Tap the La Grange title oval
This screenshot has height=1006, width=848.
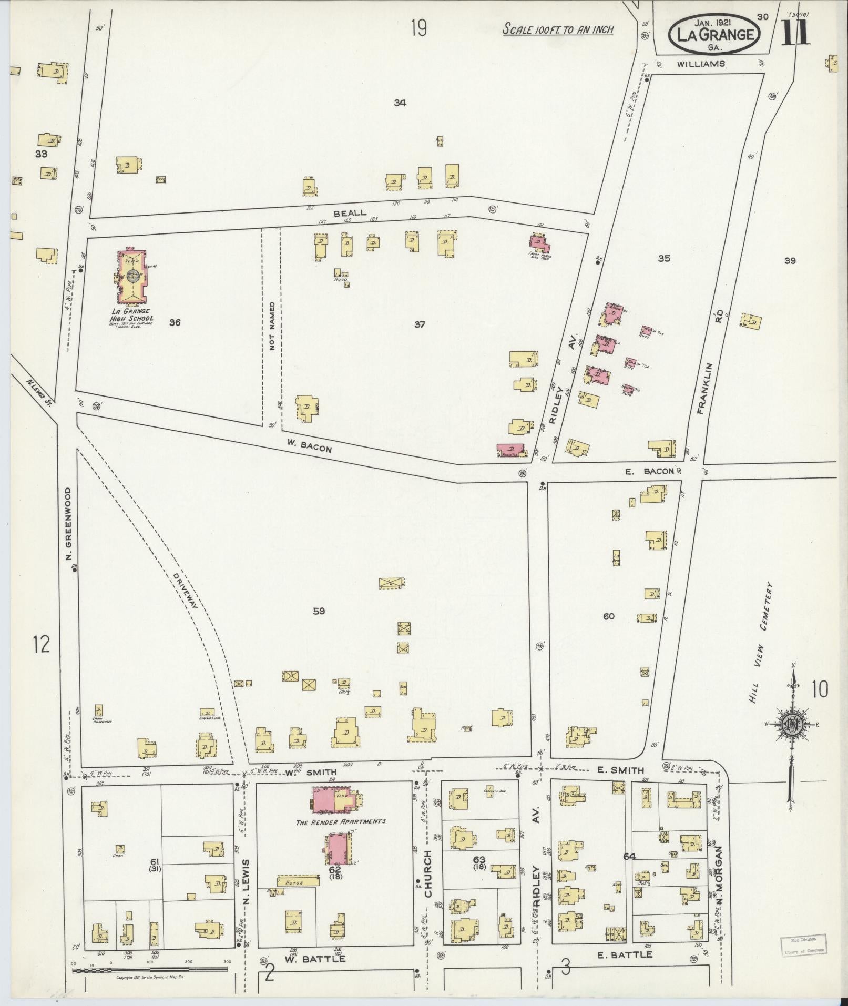click(713, 34)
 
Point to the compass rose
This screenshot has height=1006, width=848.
click(792, 724)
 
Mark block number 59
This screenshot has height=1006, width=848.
click(319, 611)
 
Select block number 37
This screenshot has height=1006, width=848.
click(419, 324)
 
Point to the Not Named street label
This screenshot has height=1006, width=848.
click(272, 326)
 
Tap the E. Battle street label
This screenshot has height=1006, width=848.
click(626, 954)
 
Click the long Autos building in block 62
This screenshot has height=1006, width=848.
click(298, 880)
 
